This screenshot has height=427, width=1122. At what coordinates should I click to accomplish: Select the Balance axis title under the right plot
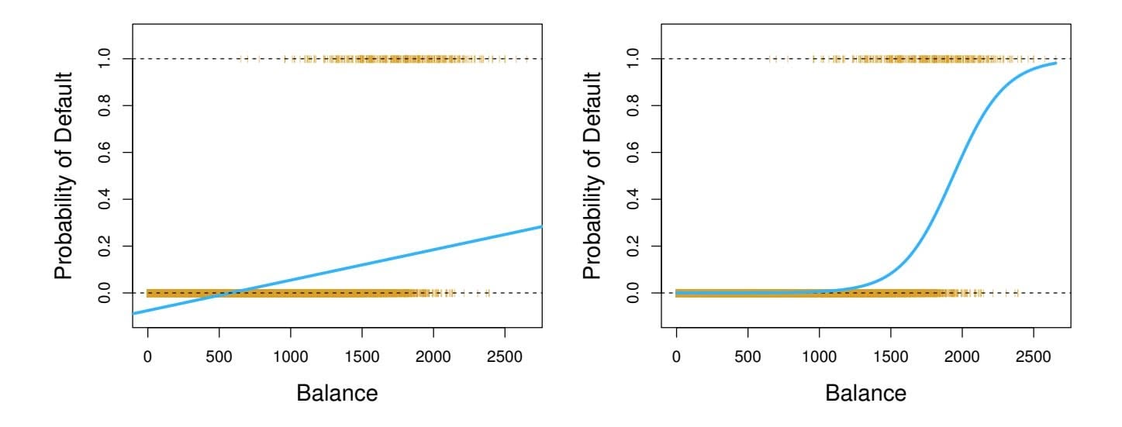pyautogui.click(x=865, y=393)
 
